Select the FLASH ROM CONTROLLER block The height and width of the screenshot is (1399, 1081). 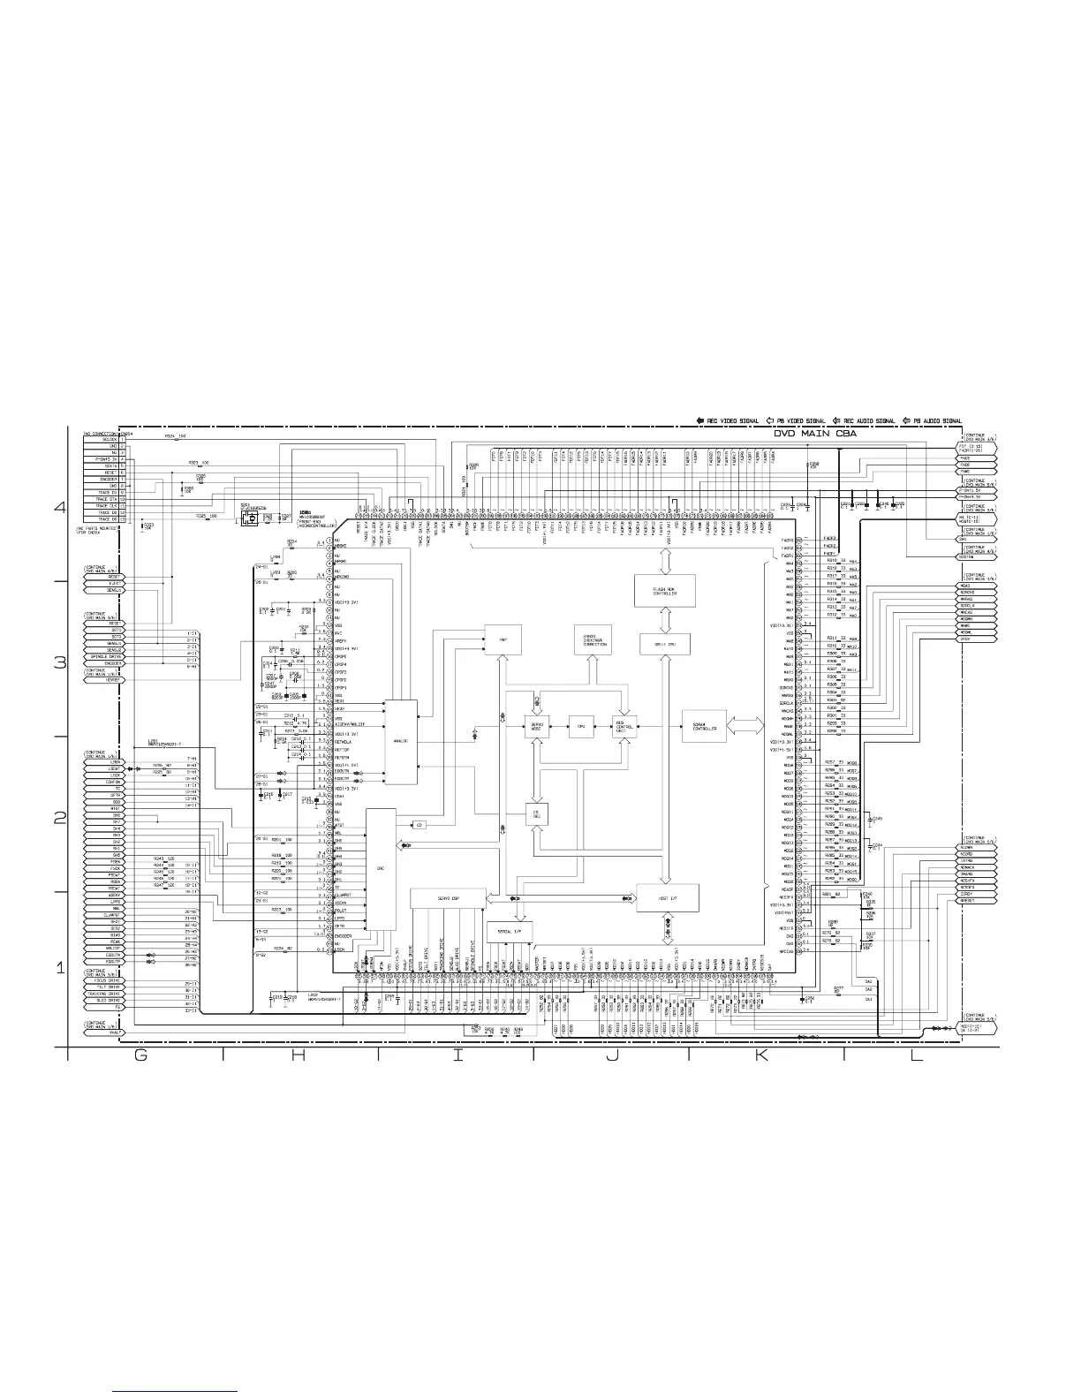(665, 591)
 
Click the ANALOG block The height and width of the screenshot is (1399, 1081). (400, 741)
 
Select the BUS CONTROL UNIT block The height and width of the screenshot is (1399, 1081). (625, 727)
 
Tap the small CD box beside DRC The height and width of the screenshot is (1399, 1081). (420, 825)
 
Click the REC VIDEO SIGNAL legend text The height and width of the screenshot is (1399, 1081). (732, 420)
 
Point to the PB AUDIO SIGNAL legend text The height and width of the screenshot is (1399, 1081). (932, 420)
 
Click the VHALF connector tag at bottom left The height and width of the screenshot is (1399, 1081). (105, 1032)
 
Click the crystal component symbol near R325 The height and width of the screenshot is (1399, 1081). (252, 519)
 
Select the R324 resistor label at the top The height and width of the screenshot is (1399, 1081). (175, 436)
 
